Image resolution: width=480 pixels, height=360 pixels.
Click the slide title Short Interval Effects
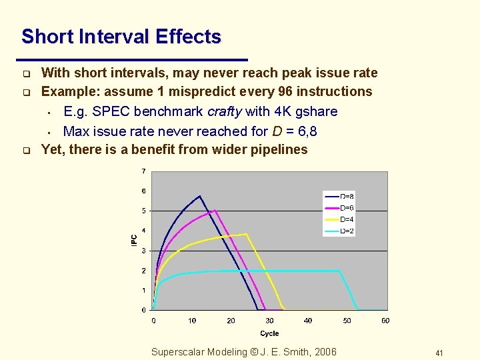(121, 37)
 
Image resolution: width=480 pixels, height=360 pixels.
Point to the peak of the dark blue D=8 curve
(200, 196)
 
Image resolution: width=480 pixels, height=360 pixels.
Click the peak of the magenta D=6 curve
(215, 211)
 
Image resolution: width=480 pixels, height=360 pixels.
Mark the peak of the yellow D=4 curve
(247, 234)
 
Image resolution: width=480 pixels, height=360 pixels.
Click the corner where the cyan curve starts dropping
(340, 271)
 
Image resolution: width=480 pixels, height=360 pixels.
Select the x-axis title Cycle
(269, 333)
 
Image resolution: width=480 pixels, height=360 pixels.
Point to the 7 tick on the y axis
(143, 171)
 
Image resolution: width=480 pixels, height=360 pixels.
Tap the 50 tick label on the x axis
(347, 321)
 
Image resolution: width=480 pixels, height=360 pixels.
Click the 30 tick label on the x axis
(269, 321)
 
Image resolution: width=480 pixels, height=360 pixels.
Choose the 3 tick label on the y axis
(143, 251)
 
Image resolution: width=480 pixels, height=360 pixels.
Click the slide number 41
(439, 353)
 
